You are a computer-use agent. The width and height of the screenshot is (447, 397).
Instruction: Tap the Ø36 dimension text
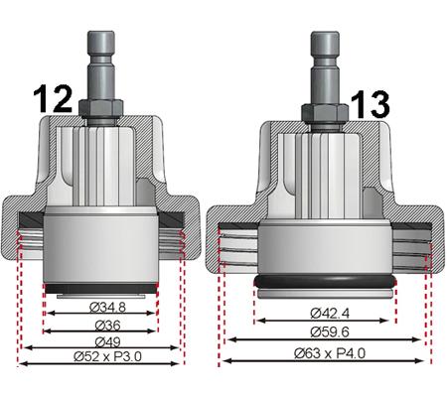pyautogui.click(x=101, y=326)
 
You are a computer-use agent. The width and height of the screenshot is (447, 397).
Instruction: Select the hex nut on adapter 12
pyautogui.click(x=102, y=107)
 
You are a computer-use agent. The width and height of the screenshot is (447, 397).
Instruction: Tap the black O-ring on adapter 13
pyautogui.click(x=327, y=282)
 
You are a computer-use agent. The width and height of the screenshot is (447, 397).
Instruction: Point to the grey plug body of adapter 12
pyautogui.click(x=102, y=248)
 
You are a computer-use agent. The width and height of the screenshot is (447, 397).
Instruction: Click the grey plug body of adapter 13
pyautogui.click(x=327, y=248)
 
